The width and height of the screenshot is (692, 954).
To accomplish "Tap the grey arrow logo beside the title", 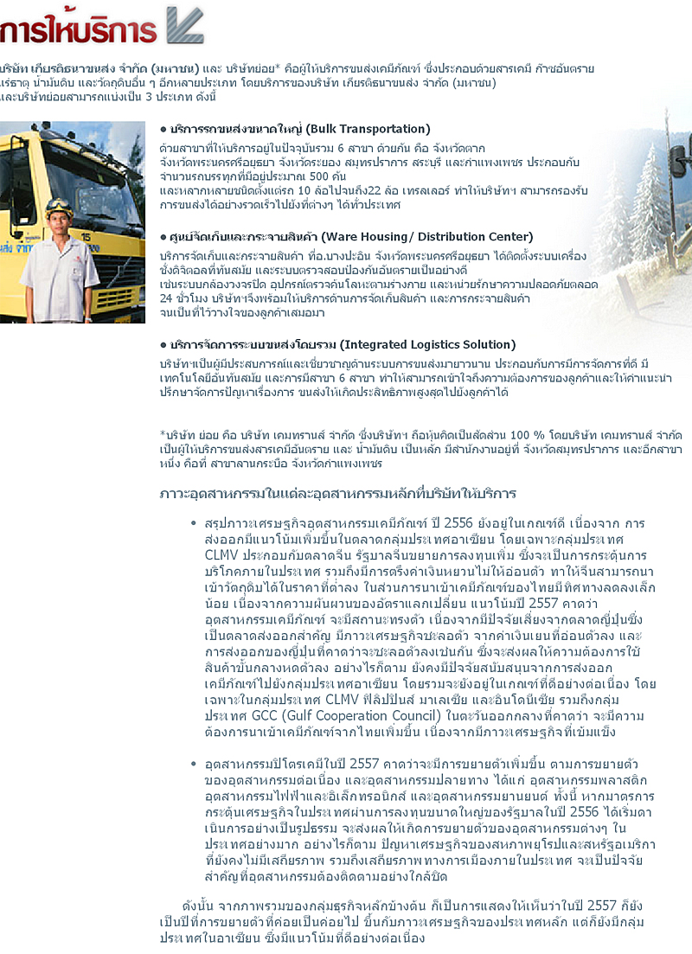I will (183, 25).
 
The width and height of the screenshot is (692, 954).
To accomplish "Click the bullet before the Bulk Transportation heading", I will (163, 130).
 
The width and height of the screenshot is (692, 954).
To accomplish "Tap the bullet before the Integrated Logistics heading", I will (163, 345).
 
